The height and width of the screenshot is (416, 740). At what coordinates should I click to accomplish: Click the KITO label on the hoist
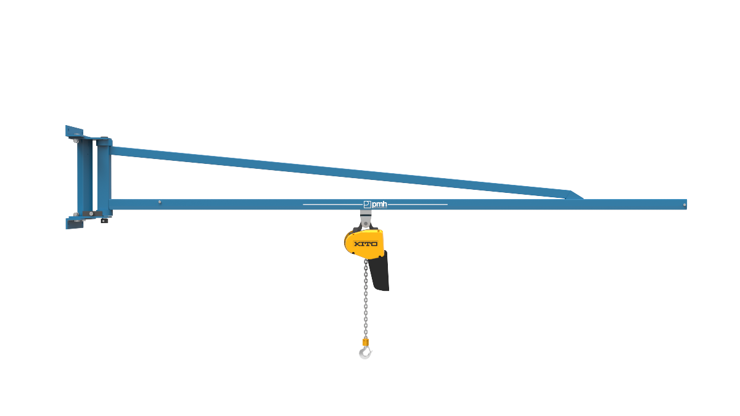[x=366, y=243]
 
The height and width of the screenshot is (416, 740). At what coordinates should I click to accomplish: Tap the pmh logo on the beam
[x=375, y=204]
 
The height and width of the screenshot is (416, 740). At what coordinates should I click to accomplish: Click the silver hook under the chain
[x=366, y=353]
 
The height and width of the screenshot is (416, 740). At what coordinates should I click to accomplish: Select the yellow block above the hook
[x=366, y=341]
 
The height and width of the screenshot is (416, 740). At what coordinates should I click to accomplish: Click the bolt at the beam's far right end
[x=684, y=204]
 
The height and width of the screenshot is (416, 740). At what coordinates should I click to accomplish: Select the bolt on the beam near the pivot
[x=160, y=202]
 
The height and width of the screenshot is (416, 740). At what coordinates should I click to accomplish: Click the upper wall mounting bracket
[x=74, y=132]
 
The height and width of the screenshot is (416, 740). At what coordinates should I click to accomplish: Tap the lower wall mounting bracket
[x=74, y=222]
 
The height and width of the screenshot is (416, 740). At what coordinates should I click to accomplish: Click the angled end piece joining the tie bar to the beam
[x=573, y=195]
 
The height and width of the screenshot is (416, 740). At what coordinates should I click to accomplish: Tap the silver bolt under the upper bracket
[x=76, y=141]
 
